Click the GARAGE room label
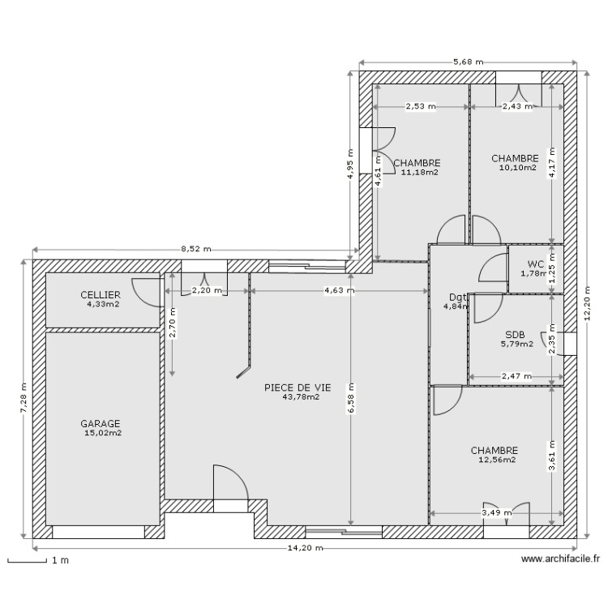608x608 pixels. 101,423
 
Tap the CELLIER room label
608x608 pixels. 101,294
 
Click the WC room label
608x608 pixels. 536,263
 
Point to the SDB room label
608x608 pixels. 515,334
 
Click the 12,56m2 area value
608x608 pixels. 497,460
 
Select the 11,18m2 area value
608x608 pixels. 419,172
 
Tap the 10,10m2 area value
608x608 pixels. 517,168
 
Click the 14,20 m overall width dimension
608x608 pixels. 306,548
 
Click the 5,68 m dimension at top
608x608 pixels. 468,62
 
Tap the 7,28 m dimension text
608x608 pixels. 23,399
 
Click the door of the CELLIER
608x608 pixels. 146,291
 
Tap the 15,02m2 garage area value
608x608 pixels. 102,433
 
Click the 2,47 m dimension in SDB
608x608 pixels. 516,376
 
